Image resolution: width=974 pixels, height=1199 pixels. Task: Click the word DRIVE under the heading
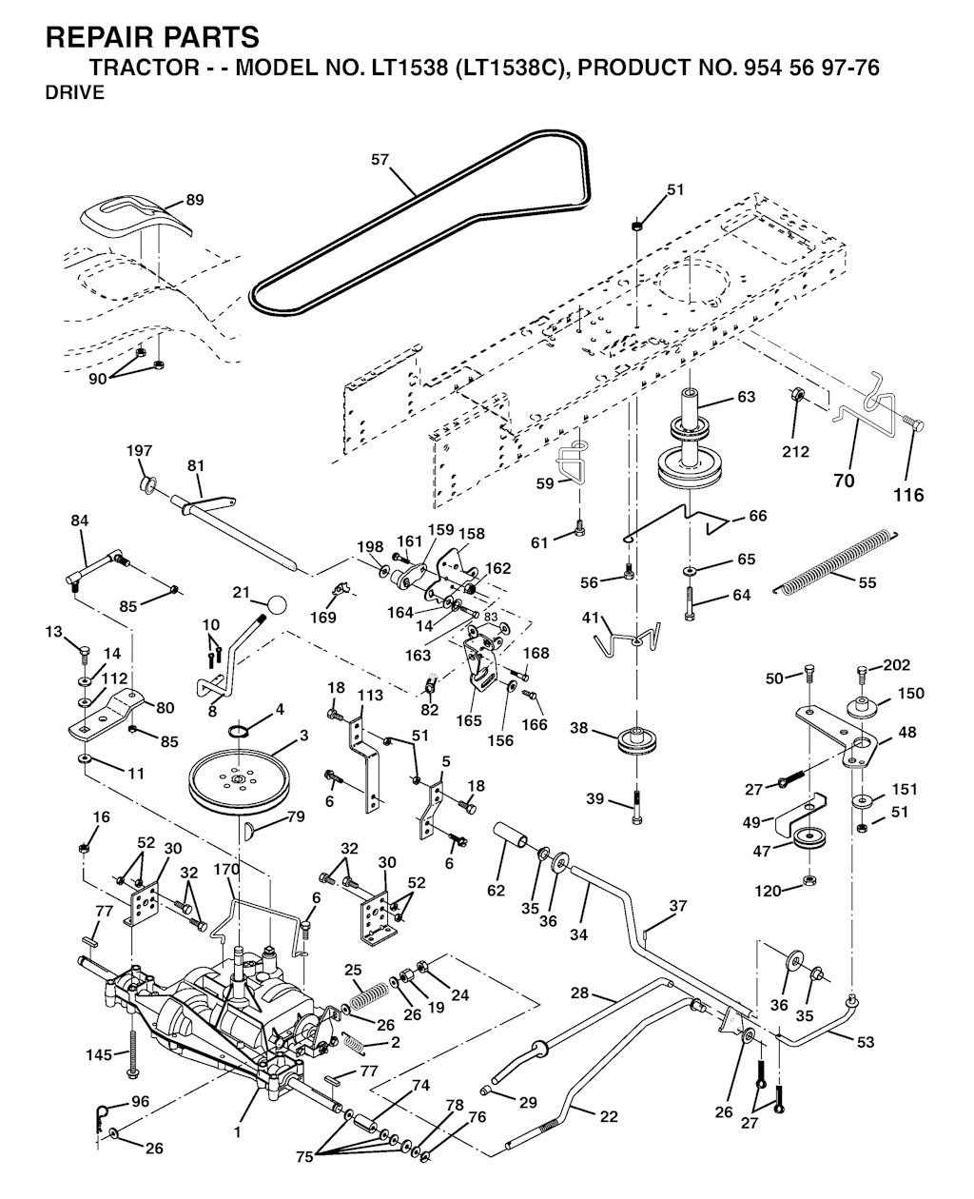click(x=75, y=93)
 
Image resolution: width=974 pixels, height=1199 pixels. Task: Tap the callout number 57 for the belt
click(x=380, y=160)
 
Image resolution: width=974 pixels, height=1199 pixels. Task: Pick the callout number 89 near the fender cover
click(x=195, y=200)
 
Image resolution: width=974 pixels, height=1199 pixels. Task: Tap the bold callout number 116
click(x=908, y=496)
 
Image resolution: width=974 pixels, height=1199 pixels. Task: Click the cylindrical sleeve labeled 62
click(x=511, y=835)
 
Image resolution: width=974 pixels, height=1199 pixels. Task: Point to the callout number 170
click(x=226, y=870)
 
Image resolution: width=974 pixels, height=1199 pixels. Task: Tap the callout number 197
click(x=139, y=451)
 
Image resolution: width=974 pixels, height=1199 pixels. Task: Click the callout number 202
click(x=896, y=665)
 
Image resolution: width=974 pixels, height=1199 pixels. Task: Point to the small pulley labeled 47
click(x=808, y=837)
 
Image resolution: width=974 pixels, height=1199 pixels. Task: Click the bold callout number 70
click(x=844, y=481)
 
